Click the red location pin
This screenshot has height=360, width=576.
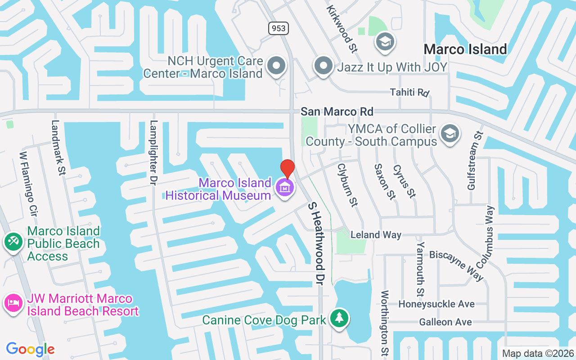click(287, 169)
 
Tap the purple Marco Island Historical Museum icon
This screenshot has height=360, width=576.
click(284, 187)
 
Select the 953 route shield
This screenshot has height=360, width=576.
click(279, 28)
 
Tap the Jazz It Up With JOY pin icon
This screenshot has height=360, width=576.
click(323, 66)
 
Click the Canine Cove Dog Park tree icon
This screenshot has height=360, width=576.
click(339, 319)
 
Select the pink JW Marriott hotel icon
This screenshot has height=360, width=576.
click(13, 302)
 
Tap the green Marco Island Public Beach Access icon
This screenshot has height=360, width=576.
click(13, 242)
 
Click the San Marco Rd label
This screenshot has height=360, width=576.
click(337, 111)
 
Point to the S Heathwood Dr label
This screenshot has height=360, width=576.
click(316, 243)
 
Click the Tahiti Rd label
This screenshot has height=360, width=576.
click(409, 92)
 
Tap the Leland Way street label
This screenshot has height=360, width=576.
click(376, 235)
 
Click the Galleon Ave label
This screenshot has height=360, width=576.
click(445, 322)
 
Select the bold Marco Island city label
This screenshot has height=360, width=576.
click(465, 49)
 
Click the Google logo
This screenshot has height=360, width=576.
click(30, 349)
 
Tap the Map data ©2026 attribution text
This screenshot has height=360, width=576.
click(538, 353)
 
